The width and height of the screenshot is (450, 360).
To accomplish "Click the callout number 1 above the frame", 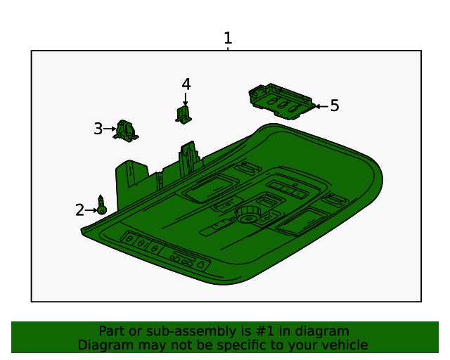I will click(227, 38).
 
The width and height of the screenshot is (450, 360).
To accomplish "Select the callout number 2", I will click(80, 210).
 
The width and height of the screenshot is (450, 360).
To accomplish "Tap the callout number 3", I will click(98, 129).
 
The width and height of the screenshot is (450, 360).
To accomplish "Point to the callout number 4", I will click(186, 84).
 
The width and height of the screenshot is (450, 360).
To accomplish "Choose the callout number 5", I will click(335, 105).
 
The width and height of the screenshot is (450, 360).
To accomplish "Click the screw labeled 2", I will click(102, 206).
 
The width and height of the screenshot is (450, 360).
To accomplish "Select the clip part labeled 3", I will click(127, 130).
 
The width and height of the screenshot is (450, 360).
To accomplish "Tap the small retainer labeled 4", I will click(184, 114).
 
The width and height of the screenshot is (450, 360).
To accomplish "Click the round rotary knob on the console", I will click(247, 214).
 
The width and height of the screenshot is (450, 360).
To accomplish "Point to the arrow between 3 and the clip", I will click(110, 129).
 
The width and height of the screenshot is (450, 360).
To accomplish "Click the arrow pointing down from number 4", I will click(186, 98).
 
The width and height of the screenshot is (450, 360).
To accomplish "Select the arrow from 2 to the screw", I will click(91, 210).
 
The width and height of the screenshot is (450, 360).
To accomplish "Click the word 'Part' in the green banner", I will click(112, 331).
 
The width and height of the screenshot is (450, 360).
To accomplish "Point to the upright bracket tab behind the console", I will click(188, 157).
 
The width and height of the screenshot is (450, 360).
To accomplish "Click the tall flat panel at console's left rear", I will click(132, 180).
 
